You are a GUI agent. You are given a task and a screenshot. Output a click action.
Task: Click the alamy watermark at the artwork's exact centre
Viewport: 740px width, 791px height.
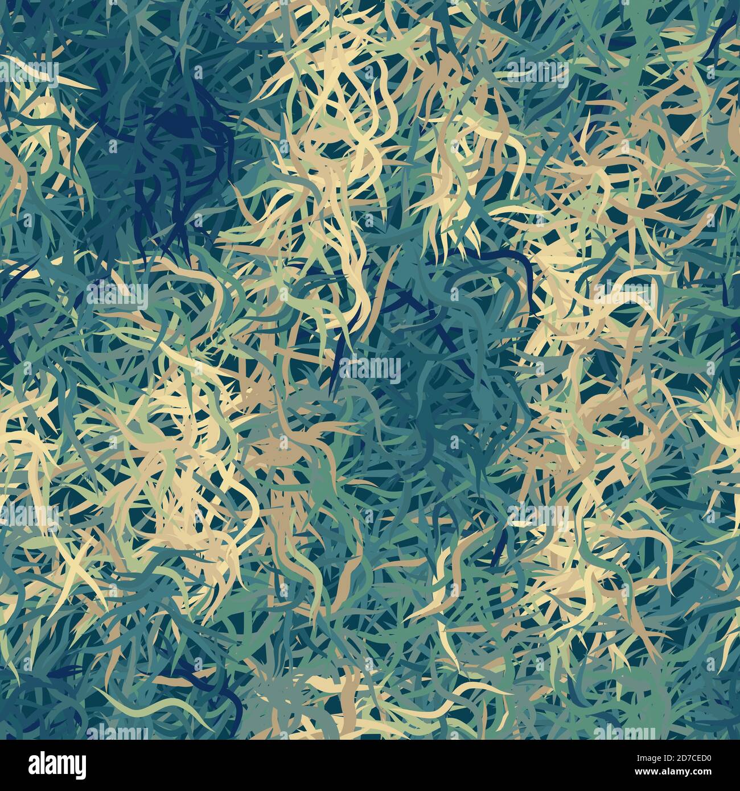[x=370, y=369]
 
